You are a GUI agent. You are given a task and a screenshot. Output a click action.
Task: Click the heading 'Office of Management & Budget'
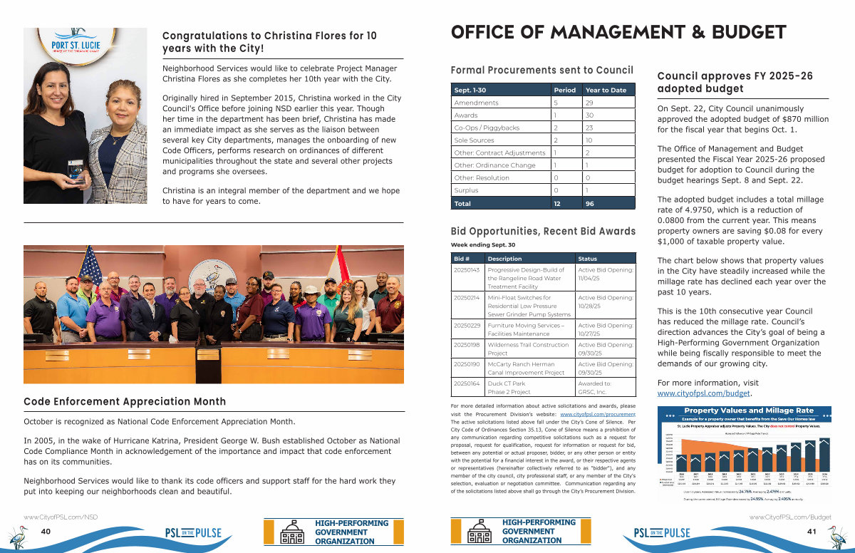(x=618, y=32)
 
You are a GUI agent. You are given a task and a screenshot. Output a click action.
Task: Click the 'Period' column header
(x=564, y=91)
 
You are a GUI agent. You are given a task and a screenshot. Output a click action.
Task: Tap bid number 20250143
(x=467, y=270)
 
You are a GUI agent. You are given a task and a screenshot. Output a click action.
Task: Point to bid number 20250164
(x=467, y=383)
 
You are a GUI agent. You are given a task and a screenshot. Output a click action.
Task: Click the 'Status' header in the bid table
(x=588, y=259)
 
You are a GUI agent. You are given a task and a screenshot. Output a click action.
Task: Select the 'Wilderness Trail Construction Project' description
(x=527, y=348)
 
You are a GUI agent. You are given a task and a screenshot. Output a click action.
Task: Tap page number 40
(x=46, y=532)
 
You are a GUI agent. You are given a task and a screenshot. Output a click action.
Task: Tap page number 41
(x=811, y=532)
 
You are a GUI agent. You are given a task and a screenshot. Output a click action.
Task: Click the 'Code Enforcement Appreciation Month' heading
(x=125, y=402)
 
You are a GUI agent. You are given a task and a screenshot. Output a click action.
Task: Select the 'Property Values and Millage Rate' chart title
(x=748, y=410)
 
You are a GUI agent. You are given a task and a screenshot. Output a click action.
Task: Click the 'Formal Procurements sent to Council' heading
(x=542, y=70)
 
